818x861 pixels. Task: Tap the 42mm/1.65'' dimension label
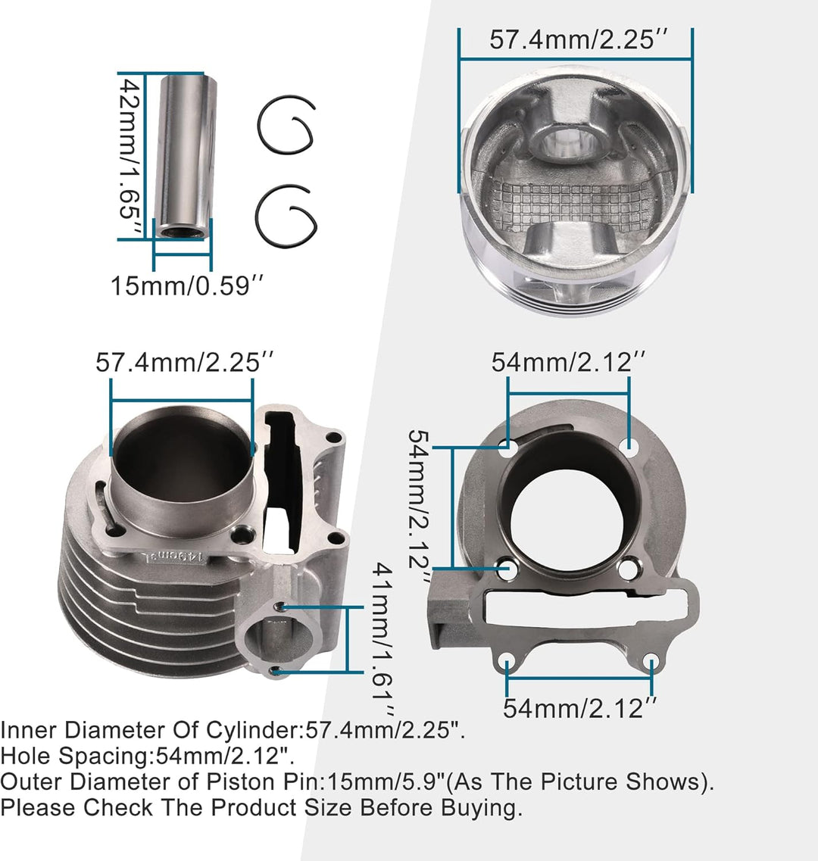coord(132,156)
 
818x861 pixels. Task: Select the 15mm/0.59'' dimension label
coord(187,285)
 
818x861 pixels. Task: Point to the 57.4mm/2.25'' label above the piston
coord(579,39)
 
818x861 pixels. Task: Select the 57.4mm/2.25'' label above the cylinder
coord(185,362)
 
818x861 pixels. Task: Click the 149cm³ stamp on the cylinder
coord(174,558)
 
